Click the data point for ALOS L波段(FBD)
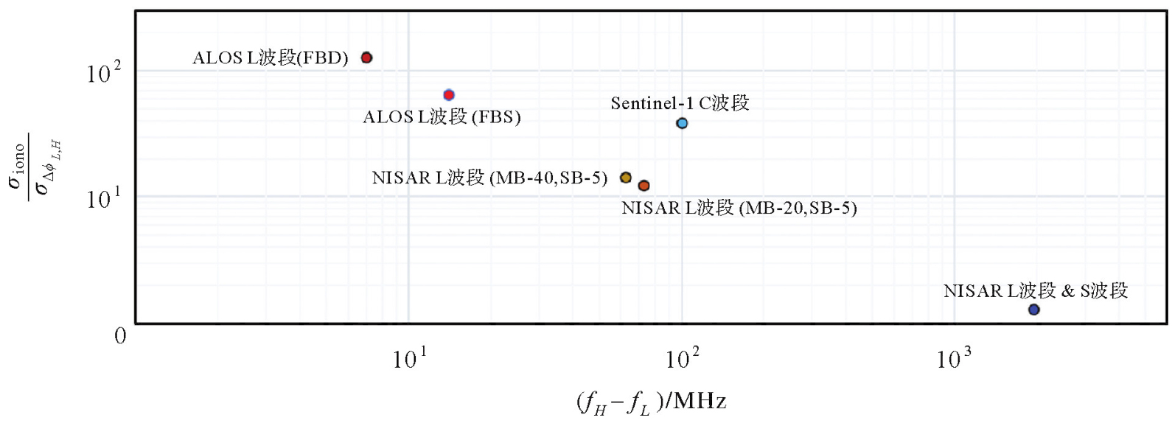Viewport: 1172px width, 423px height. click(x=366, y=57)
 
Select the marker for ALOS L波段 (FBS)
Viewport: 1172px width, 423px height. click(x=449, y=95)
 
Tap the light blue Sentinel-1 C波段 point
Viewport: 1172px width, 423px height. click(x=682, y=123)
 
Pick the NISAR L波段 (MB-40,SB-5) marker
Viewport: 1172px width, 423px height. click(x=626, y=178)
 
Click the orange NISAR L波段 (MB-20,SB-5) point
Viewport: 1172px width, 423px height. click(x=643, y=186)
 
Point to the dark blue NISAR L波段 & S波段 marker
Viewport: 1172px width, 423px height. click(x=1033, y=310)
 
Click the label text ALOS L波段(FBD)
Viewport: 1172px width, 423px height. click(x=270, y=58)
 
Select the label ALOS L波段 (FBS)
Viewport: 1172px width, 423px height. click(x=442, y=117)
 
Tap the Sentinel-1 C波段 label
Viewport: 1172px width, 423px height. click(x=680, y=103)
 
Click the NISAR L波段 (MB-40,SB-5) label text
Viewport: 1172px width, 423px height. click(x=489, y=178)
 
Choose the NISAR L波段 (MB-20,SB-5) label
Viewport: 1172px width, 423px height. click(x=739, y=208)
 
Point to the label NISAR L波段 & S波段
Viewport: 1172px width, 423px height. click(x=1036, y=291)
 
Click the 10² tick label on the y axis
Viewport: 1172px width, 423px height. click(x=103, y=73)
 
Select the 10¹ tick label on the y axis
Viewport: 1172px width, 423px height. click(x=103, y=198)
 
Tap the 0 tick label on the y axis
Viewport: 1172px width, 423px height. click(x=120, y=336)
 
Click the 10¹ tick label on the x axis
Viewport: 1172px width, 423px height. click(x=409, y=359)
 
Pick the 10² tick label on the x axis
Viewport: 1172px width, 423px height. click(x=682, y=359)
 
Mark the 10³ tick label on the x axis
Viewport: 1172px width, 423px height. click(x=954, y=359)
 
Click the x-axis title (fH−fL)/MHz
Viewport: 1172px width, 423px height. click(x=651, y=402)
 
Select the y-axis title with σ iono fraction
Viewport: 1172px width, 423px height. click(x=34, y=165)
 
